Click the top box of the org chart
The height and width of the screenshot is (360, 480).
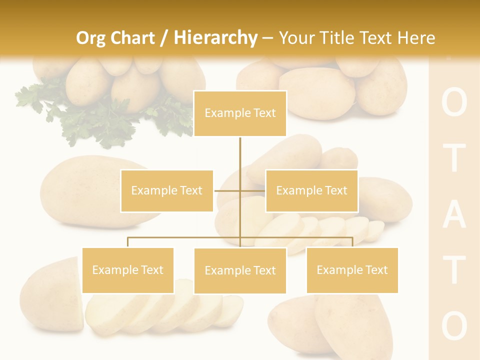[x=240, y=113]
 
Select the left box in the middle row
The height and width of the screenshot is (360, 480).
[x=166, y=190]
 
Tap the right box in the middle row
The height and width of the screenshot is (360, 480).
[x=311, y=190]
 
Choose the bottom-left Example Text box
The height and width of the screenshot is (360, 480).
[x=128, y=270]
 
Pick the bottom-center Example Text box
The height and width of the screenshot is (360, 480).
[x=240, y=270]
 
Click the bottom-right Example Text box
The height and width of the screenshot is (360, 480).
[x=352, y=270]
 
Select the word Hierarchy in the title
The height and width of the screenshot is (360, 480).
[x=215, y=38]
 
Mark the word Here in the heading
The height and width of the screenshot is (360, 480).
[x=416, y=38]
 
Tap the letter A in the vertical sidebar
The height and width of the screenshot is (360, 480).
[x=454, y=218]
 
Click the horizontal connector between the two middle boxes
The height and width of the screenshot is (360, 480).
[x=239, y=190]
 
